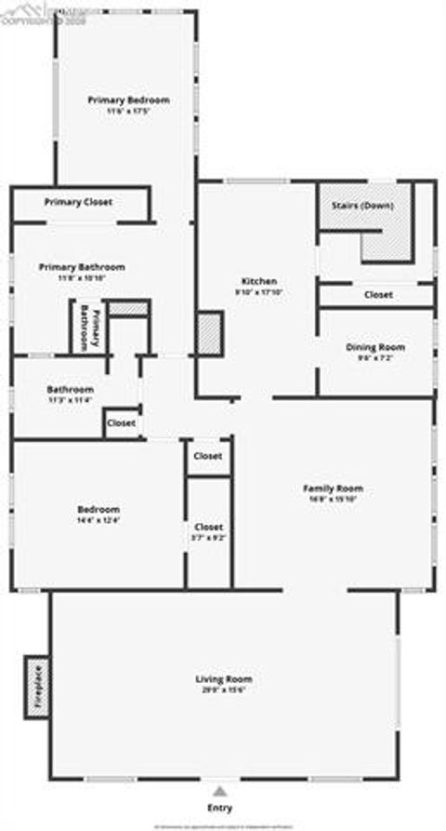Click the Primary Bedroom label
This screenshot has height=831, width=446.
point(128,100)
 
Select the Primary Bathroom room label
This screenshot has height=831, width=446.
point(82,267)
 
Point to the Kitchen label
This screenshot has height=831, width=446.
point(258,281)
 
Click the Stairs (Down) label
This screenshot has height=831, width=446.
point(362,205)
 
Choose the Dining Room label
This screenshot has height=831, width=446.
point(375,347)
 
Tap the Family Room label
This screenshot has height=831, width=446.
point(333,489)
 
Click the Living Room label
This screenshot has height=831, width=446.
point(223,678)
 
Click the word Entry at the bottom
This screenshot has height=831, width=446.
point(220,808)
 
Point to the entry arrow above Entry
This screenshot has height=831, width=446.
point(220,789)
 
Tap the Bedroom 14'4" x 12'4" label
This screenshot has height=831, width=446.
point(98,510)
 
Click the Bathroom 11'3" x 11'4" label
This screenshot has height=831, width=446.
point(71,389)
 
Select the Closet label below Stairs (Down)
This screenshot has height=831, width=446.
point(378,294)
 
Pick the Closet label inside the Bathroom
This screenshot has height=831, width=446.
point(121,422)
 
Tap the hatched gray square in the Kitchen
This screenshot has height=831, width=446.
point(209,332)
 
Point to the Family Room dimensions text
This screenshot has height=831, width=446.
point(333,499)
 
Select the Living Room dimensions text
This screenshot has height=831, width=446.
point(223,690)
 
